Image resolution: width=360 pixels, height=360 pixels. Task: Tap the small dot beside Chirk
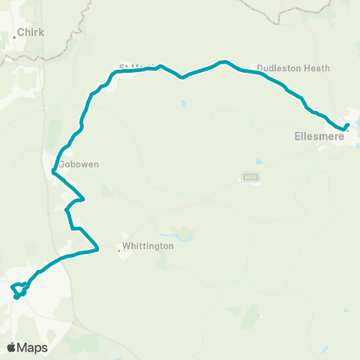(13, 35)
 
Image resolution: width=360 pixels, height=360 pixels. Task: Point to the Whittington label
(149, 246)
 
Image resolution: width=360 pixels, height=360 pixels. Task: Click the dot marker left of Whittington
(119, 250)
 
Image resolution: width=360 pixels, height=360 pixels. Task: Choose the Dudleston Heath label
(293, 68)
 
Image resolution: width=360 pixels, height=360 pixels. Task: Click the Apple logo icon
(12, 347)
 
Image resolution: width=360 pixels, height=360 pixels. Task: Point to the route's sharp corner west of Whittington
(98, 248)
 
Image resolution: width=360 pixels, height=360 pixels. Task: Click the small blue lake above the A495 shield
(259, 160)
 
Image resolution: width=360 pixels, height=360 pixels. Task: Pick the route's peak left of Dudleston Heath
(222, 61)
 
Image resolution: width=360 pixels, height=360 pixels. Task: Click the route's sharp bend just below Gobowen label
(52, 173)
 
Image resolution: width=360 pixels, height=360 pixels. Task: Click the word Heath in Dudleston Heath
(317, 68)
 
